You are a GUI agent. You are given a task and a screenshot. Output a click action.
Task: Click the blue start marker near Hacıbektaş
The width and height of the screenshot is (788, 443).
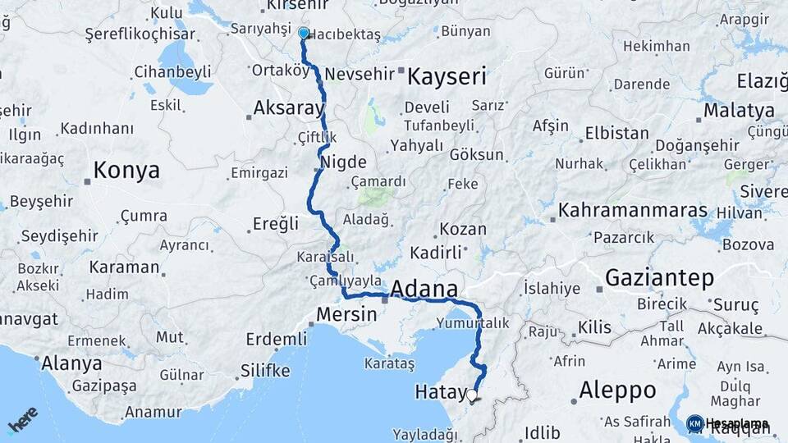(x=304, y=34)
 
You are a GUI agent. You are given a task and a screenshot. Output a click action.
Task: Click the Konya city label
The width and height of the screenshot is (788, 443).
(x=126, y=171)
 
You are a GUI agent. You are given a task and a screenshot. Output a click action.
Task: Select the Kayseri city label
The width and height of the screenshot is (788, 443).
(x=447, y=78)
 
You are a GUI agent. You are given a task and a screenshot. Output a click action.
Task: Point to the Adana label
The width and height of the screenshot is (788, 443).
(x=424, y=289)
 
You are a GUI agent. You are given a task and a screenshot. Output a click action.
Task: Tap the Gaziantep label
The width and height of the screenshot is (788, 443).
(x=659, y=278)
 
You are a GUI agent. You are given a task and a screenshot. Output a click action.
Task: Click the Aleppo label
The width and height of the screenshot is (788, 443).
(x=617, y=390)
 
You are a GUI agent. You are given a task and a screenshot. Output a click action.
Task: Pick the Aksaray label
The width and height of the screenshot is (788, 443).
(x=289, y=107)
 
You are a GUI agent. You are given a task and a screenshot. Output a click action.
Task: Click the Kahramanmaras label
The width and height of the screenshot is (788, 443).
(x=632, y=211)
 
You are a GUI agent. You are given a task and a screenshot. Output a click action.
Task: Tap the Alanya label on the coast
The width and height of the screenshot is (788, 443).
(x=71, y=363)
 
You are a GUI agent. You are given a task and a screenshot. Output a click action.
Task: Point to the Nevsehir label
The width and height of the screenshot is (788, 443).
(x=360, y=74)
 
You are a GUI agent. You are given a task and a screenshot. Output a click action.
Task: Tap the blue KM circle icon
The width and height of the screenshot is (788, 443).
(x=694, y=423)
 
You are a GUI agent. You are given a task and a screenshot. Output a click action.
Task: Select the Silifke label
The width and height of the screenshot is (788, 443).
(x=265, y=371)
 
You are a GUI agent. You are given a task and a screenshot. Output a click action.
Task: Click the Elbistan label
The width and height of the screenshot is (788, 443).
(x=616, y=133)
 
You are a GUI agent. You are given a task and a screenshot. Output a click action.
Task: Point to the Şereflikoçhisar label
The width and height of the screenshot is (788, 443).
(x=140, y=34)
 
